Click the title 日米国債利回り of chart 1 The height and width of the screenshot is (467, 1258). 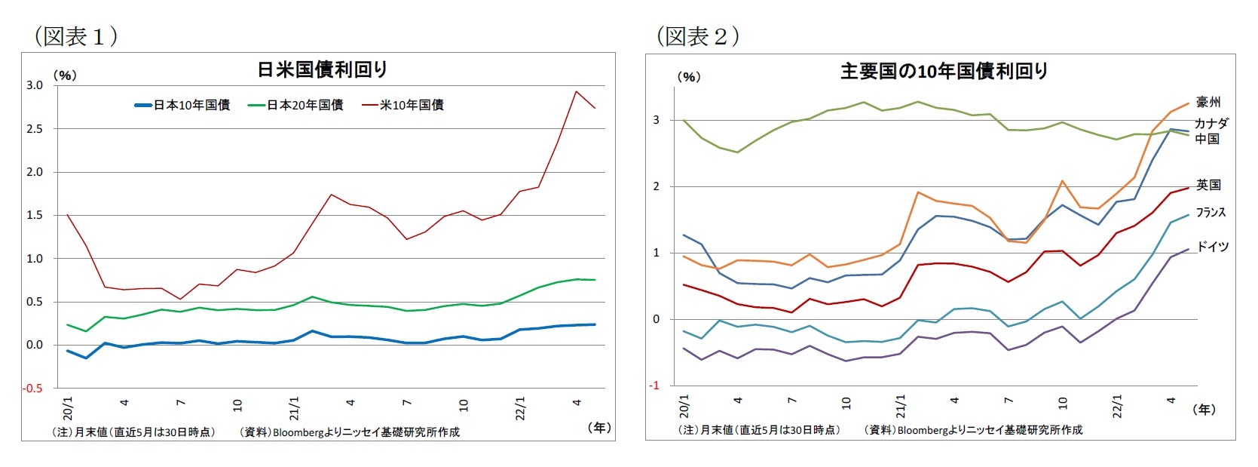tap(322, 70)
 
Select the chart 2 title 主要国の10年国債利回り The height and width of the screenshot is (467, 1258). tap(944, 72)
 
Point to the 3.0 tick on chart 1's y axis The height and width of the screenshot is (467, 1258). tap(35, 85)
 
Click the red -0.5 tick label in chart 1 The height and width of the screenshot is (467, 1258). tap(33, 389)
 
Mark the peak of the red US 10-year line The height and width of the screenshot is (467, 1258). tap(576, 91)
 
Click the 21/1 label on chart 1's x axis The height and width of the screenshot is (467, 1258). tap(294, 408)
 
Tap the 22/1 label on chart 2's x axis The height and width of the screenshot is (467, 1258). tap(1117, 406)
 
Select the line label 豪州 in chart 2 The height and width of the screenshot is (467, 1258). tap(1207, 102)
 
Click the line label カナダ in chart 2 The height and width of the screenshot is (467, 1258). tap(1211, 123)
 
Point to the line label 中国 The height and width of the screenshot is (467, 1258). tap(1207, 139)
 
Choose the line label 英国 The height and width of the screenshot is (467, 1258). tap(1207, 185)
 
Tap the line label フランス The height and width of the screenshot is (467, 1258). tap(1211, 213)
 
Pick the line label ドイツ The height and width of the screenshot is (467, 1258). tap(1212, 247)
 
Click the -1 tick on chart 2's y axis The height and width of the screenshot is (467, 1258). tap(654, 386)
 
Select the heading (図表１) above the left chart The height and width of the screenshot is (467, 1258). tap(75, 36)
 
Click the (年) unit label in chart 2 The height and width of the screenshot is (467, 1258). tap(1204, 410)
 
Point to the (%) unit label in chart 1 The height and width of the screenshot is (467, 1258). tap(65, 75)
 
